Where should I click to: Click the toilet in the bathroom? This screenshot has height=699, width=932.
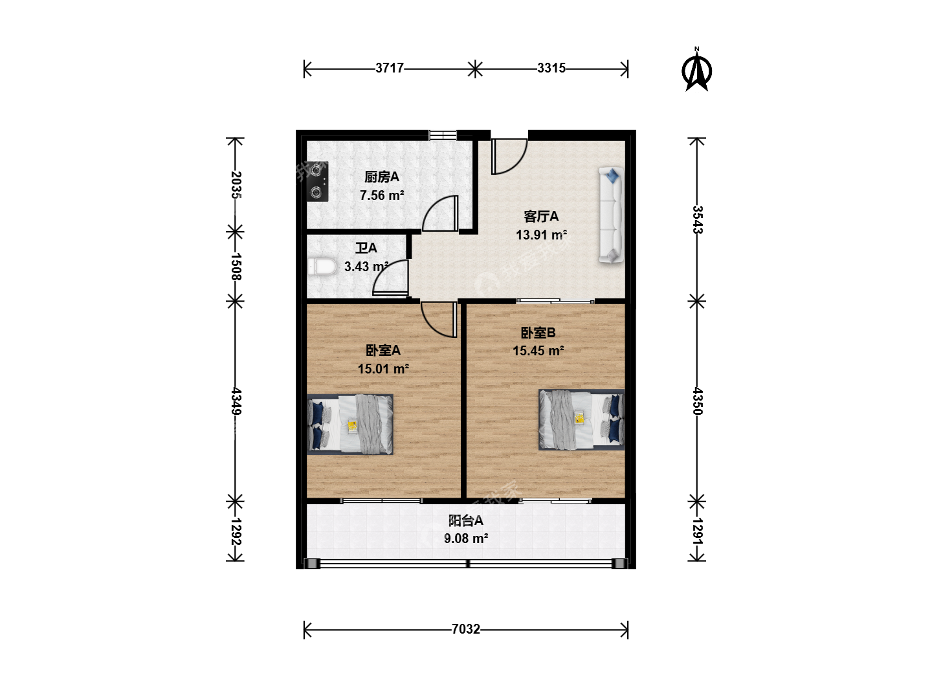click(x=322, y=267)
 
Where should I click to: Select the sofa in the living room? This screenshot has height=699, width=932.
click(x=612, y=215)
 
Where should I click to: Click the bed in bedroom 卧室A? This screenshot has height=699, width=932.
click(x=350, y=425)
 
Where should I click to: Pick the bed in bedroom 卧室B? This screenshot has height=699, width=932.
click(x=581, y=419)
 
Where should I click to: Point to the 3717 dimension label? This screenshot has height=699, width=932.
click(x=390, y=68)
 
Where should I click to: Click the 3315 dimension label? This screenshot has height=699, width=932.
click(x=551, y=68)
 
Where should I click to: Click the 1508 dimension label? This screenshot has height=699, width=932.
click(x=236, y=267)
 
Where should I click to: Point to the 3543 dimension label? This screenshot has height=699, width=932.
click(x=698, y=219)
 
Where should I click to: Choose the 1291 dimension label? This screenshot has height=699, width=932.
click(x=698, y=531)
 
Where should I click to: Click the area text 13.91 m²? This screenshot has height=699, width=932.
click(x=541, y=235)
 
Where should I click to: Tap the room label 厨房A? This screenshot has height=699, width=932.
click(x=382, y=177)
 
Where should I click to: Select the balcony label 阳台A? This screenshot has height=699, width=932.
click(x=466, y=520)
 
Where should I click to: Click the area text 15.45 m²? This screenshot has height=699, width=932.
click(x=538, y=351)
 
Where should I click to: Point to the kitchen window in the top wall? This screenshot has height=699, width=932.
click(x=443, y=135)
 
